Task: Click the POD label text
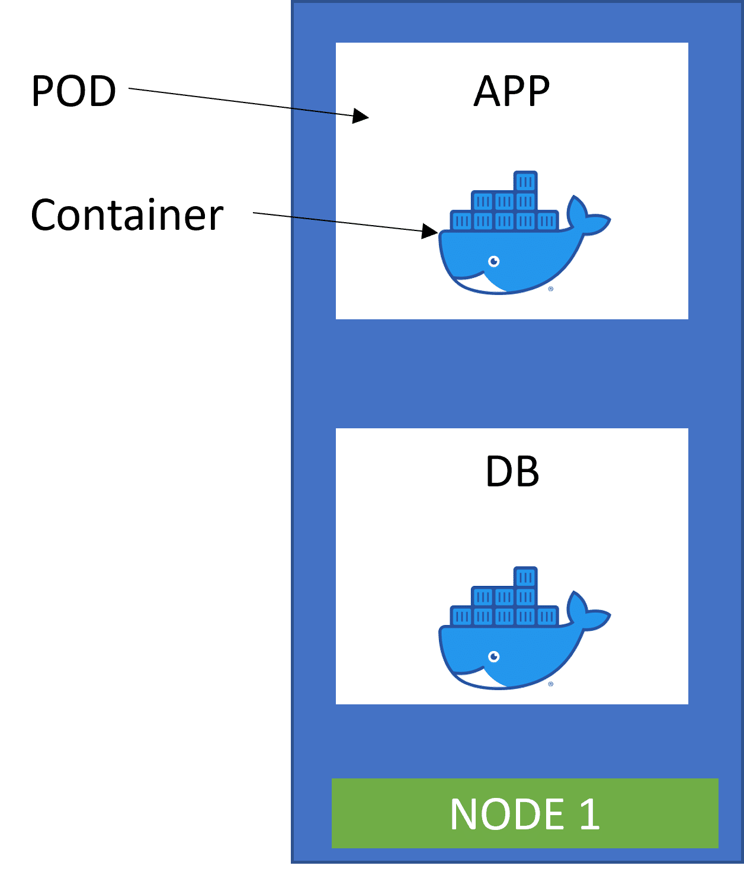[73, 91]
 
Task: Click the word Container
[127, 215]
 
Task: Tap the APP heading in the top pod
[512, 91]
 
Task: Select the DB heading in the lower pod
[512, 472]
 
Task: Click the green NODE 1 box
[525, 813]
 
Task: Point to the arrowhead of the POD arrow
[361, 116]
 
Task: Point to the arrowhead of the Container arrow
[431, 231]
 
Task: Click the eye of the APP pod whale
[493, 261]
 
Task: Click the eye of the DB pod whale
[493, 656]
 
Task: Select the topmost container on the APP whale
[525, 182]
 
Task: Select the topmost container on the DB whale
[525, 576]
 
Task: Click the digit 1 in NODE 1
[589, 813]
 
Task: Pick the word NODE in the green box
[507, 813]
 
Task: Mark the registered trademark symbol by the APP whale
[551, 289]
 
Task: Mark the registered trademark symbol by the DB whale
[551, 684]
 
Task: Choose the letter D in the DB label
[498, 472]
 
